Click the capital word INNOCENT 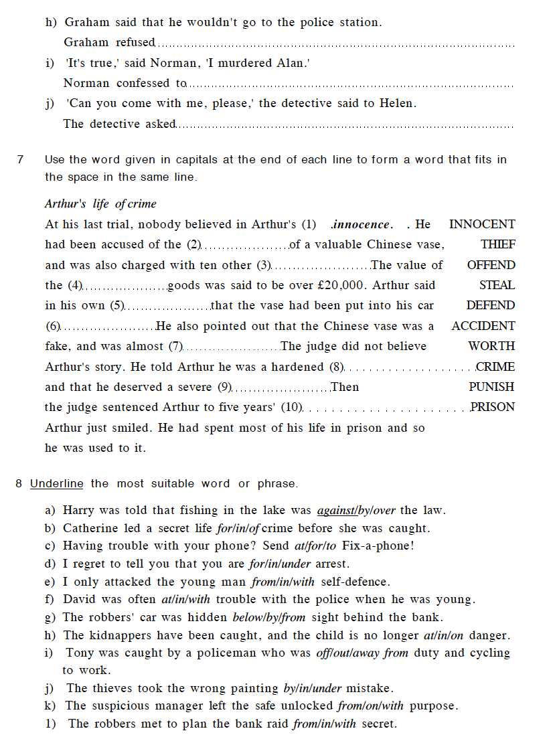[482, 224]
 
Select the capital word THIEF [497, 245]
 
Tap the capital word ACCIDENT [483, 326]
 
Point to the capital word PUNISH [491, 387]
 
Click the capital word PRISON [493, 407]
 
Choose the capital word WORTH [491, 346]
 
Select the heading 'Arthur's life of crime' [100, 203]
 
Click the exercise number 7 [20, 159]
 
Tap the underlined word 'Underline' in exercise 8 [57, 483]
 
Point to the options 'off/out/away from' [362, 653]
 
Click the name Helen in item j [397, 103]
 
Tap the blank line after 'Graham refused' [335, 44]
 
